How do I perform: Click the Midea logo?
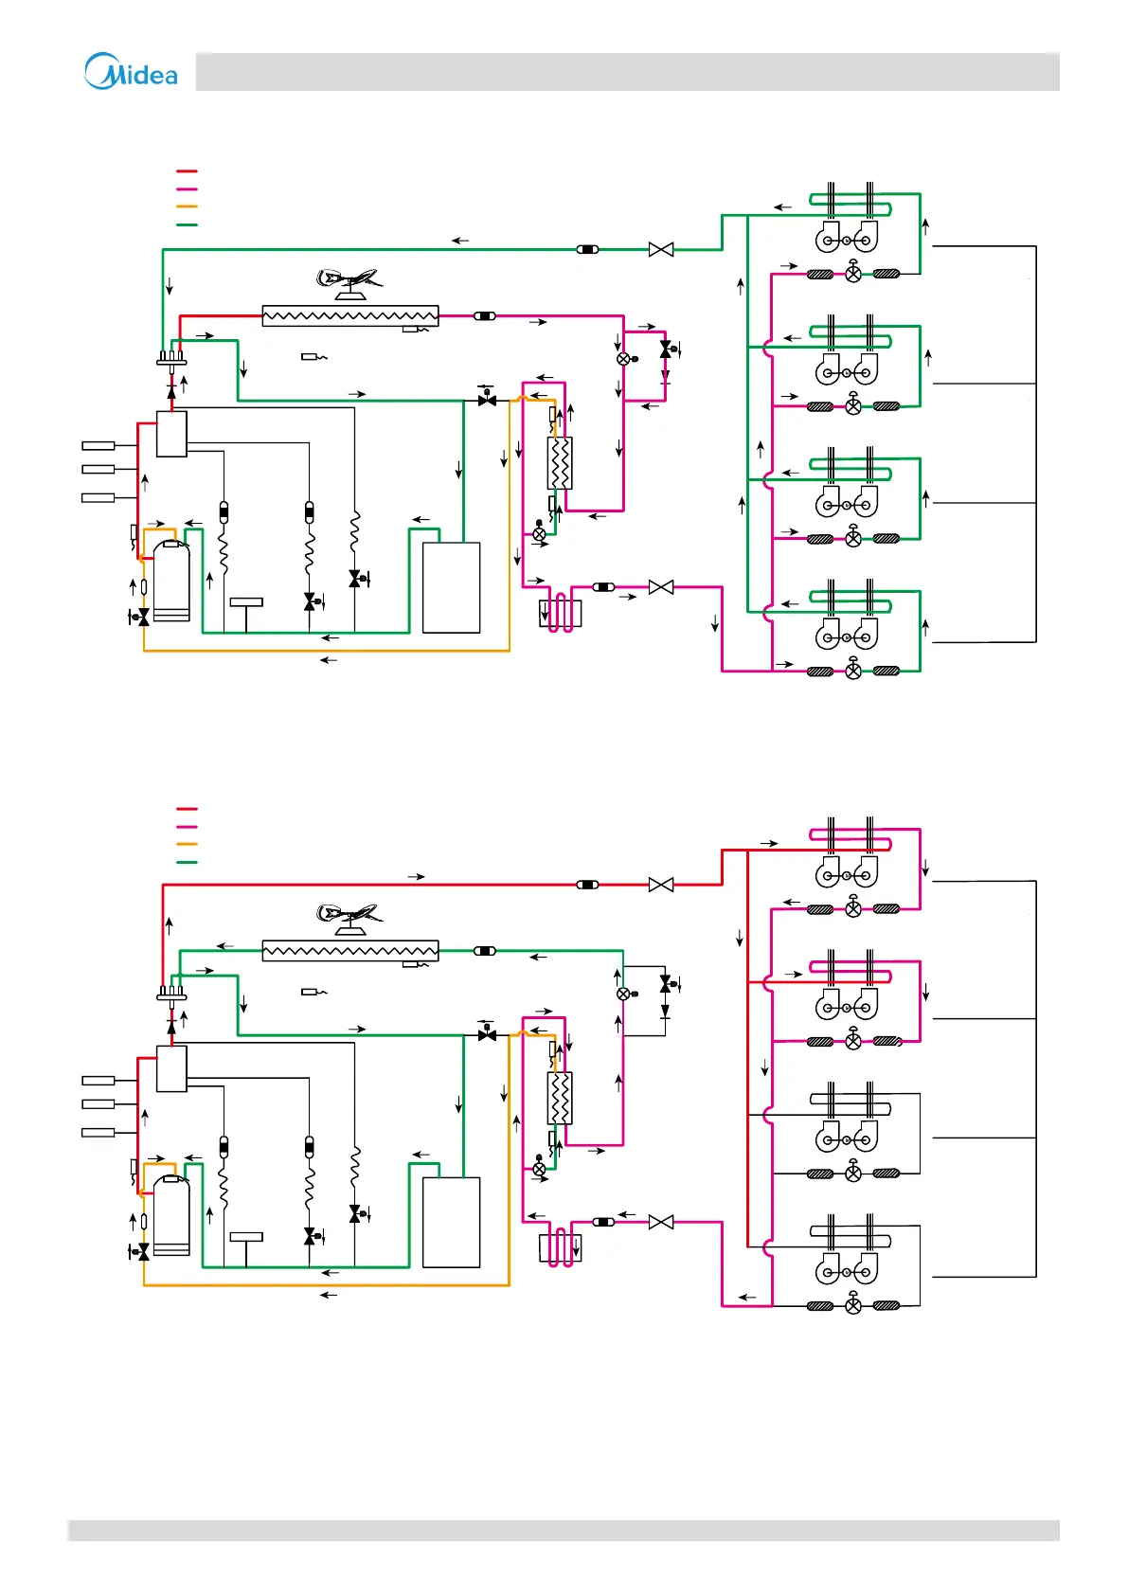(131, 72)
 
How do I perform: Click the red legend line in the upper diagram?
(187, 171)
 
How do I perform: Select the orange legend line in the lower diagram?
(187, 844)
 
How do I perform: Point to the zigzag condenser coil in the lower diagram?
(350, 950)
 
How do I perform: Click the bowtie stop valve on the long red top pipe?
(661, 885)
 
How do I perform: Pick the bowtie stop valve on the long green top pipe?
(661, 249)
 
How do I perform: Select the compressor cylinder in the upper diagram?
(171, 581)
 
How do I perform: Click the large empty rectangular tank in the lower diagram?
(451, 1222)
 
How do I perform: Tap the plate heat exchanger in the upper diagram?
(560, 463)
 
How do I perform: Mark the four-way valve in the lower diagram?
(171, 995)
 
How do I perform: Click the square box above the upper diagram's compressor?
(171, 434)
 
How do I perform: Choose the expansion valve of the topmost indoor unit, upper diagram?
(853, 274)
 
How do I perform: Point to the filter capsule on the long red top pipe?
(587, 885)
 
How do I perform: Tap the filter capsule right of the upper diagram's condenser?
(484, 315)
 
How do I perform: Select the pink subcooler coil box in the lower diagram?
(560, 1248)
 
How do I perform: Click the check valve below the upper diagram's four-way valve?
(171, 391)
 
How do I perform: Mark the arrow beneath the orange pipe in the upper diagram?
(329, 660)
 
